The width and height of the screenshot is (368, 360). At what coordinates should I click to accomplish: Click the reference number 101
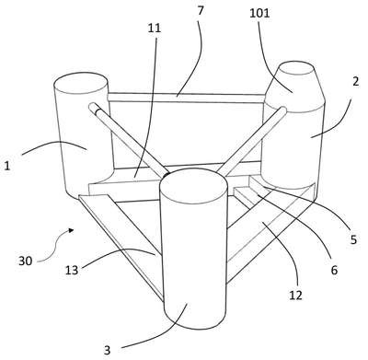(259, 14)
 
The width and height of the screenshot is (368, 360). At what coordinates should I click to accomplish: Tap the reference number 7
(201, 10)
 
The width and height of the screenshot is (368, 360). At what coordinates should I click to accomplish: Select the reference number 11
(155, 28)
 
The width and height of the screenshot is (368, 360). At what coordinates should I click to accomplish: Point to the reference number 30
(26, 261)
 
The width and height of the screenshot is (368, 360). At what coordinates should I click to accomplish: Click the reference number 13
(72, 270)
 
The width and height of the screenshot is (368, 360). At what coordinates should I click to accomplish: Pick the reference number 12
(296, 295)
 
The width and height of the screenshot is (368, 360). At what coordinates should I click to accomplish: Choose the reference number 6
(334, 270)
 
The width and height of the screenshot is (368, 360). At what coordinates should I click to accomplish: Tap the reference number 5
(354, 239)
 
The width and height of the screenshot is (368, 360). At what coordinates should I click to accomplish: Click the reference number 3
(107, 350)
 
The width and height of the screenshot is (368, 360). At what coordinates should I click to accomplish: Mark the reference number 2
(355, 82)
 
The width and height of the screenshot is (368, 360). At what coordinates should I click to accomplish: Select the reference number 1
(7, 166)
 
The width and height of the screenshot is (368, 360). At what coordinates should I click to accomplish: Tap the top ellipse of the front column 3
(193, 186)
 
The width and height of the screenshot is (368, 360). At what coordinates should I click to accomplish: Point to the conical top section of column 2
(293, 87)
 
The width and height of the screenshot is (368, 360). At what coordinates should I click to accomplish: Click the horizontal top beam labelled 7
(186, 98)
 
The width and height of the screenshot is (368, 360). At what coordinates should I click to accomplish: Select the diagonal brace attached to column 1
(129, 141)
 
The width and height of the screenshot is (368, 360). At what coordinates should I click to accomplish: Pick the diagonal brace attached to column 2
(251, 141)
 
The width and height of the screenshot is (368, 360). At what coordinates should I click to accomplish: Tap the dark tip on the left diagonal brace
(98, 111)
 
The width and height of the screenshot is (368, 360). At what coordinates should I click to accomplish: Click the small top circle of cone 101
(297, 68)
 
